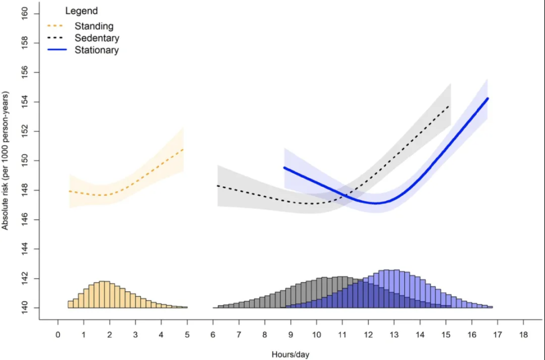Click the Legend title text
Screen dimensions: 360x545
tap(81, 11)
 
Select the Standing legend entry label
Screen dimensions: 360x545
tap(94, 26)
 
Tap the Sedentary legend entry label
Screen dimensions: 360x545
tap(97, 38)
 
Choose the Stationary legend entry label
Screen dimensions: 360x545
tap(97, 50)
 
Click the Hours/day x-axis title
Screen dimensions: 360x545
tap(290, 354)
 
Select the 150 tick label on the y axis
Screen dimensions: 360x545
tap(25, 161)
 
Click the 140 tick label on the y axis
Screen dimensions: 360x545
tap(25, 308)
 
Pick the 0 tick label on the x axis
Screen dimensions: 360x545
tap(58, 334)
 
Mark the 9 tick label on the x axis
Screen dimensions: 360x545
tap(290, 334)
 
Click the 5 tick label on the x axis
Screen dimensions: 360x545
tap(187, 334)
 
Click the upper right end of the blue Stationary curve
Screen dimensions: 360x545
tap(488, 99)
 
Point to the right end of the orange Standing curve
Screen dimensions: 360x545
tap(183, 149)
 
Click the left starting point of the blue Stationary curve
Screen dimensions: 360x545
tap(284, 168)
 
